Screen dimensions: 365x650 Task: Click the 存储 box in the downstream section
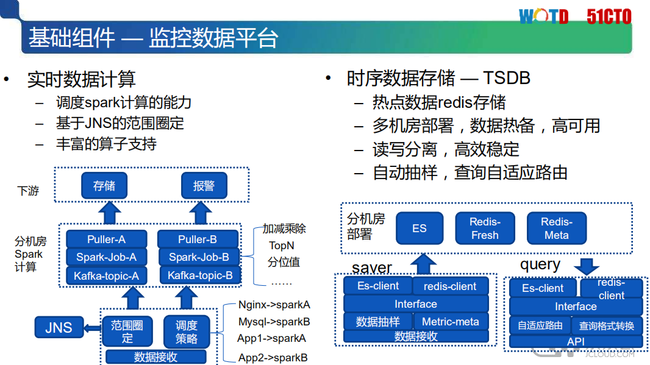tap(104, 186)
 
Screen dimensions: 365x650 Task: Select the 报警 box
tap(204, 186)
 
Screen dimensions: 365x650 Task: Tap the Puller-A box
tap(106, 239)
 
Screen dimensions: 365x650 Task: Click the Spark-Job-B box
tap(199, 257)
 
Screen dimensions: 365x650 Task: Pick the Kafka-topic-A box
tap(106, 276)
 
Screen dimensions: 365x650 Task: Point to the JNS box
tap(59, 328)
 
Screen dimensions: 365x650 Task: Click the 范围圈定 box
tap(127, 331)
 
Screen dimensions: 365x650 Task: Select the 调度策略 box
tap(187, 331)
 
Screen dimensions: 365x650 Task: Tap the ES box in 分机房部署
tap(420, 229)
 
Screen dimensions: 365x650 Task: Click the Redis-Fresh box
tap(485, 229)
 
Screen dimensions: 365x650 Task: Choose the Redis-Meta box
tap(556, 229)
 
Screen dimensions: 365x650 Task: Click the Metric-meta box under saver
tap(451, 322)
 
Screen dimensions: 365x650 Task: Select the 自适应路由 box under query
tap(540, 325)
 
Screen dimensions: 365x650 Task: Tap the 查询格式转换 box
tap(607, 325)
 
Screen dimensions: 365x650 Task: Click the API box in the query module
tap(576, 341)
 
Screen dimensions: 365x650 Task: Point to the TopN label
tap(282, 246)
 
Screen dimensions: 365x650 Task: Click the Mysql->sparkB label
tap(274, 322)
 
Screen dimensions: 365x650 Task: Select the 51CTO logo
tap(609, 16)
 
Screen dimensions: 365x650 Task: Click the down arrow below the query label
tap(587, 266)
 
